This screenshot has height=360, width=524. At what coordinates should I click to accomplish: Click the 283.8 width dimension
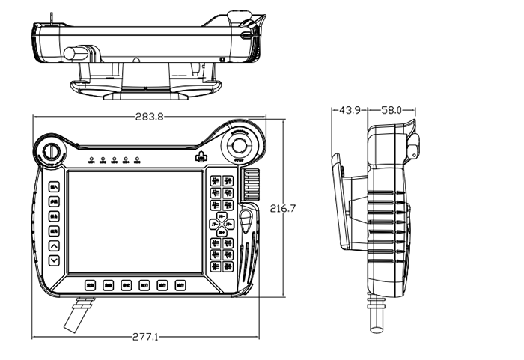tap(150, 118)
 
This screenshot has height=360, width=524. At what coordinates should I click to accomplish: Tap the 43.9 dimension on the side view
tap(350, 110)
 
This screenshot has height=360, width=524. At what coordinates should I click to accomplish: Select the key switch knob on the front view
tap(52, 150)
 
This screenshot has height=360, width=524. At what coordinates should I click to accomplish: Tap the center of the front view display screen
tap(135, 222)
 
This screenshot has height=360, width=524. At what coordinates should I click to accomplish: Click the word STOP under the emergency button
tap(241, 160)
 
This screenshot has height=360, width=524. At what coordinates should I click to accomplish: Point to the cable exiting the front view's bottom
tap(77, 314)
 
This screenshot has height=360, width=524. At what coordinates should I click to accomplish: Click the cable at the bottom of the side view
tap(374, 314)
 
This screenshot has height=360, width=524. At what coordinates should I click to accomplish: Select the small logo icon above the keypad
tap(199, 157)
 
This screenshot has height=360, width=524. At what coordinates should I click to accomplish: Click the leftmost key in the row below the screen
tap(90, 285)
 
